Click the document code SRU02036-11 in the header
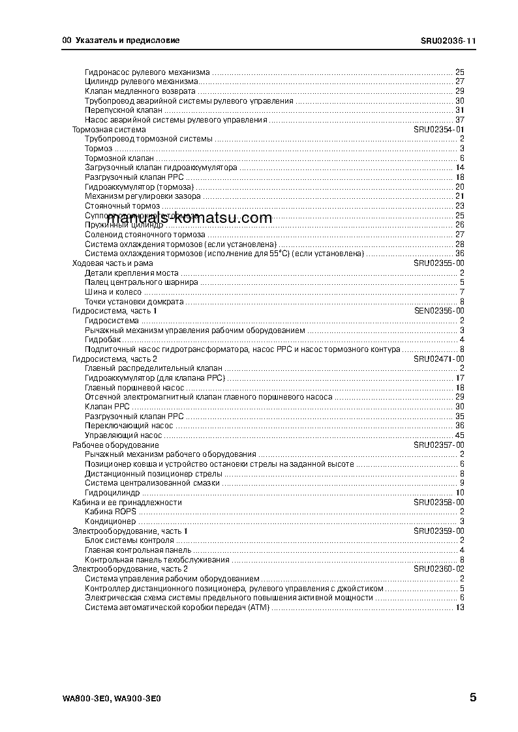(x=448, y=40)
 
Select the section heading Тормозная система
(x=100, y=130)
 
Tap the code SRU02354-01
(x=438, y=130)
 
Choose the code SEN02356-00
(x=438, y=311)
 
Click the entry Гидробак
(x=100, y=340)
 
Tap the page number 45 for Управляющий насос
(x=459, y=435)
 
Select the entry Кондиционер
(x=110, y=521)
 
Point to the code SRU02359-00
(x=438, y=531)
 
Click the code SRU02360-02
(x=438, y=569)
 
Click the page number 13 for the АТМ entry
(x=459, y=608)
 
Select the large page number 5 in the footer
(x=472, y=697)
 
